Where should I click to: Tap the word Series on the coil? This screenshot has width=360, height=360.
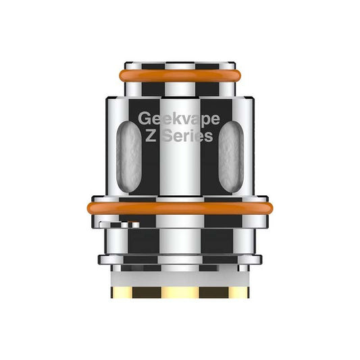(x=189, y=136)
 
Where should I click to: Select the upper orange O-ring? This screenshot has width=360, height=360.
(x=179, y=74)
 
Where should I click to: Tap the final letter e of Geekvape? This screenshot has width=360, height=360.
(x=215, y=118)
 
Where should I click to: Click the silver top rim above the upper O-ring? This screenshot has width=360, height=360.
(x=179, y=66)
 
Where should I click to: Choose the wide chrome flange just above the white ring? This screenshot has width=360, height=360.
(x=180, y=259)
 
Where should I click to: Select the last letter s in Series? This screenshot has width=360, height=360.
(x=210, y=137)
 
